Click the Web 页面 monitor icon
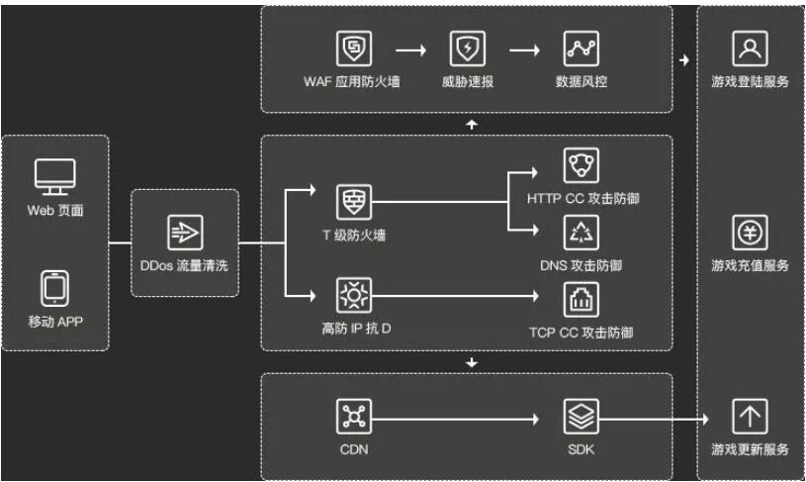pos(55,177)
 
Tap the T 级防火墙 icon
pos(353,201)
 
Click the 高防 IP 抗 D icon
pos(353,295)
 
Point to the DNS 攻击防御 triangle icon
pos(582,233)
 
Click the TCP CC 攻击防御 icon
pos(582,297)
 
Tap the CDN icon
pos(353,417)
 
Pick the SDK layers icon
pos(582,417)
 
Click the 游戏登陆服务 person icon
pos(750,48)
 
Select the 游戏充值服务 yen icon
pos(750,233)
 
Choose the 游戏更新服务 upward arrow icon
pos(750,417)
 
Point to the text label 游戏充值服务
pos(750,266)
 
